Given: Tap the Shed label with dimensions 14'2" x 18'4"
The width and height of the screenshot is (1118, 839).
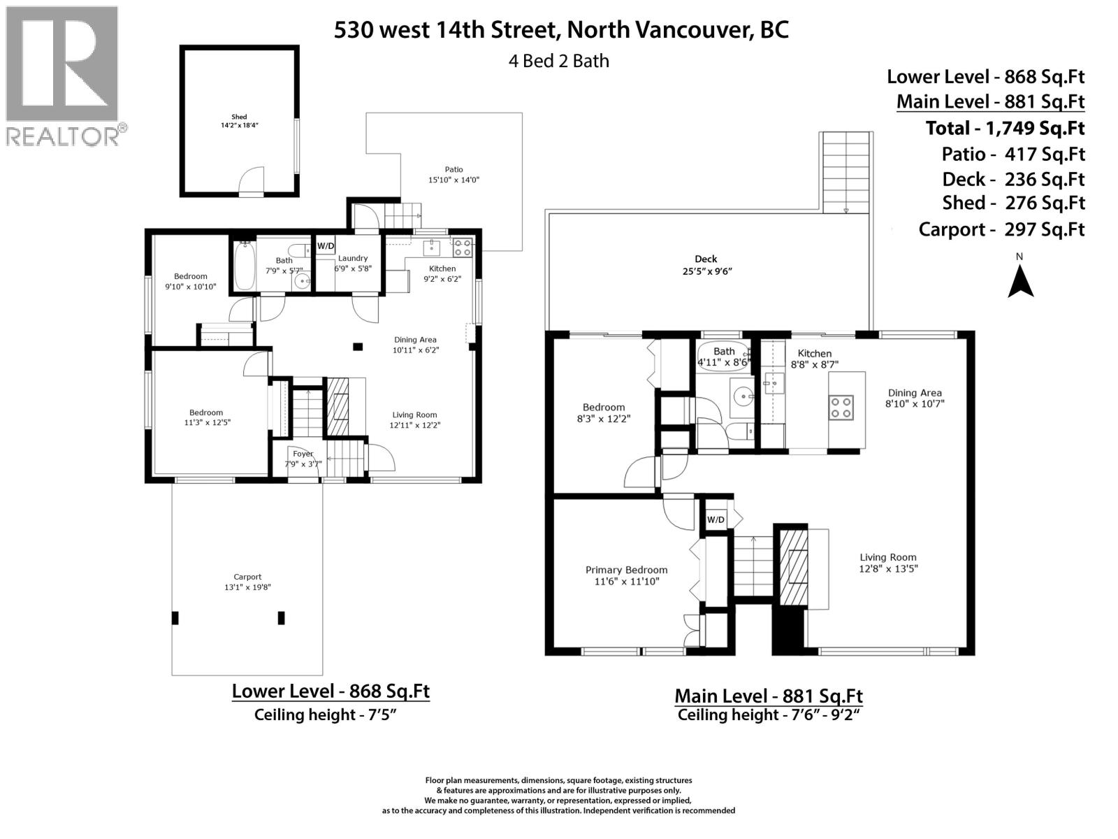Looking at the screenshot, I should point(240,122).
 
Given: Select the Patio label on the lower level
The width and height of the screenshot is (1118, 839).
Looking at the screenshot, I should point(453,174).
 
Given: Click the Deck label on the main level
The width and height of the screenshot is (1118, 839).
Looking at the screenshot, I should point(706,265).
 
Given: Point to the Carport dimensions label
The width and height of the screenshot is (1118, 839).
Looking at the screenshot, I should point(247,582).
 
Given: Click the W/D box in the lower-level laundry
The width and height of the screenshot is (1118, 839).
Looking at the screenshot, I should point(326,246).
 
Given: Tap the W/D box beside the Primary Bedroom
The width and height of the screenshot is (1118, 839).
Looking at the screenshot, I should point(716,519).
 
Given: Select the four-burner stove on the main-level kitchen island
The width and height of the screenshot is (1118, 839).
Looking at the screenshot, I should point(841,407).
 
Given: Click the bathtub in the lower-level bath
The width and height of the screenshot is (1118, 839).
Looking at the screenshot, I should point(244,266).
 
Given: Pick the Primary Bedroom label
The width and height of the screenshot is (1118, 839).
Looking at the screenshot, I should point(626,575).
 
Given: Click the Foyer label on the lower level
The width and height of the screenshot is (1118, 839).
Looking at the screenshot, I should point(303,459).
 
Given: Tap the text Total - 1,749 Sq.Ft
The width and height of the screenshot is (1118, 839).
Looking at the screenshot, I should point(1005,128).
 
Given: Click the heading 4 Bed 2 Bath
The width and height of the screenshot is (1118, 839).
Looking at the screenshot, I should point(559,61).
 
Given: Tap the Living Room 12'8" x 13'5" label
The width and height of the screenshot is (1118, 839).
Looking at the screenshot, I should point(888,563).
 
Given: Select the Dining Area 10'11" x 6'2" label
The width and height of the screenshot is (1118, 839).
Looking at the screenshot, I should point(415,345).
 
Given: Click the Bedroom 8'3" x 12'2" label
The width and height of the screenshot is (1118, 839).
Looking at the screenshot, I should point(604,413).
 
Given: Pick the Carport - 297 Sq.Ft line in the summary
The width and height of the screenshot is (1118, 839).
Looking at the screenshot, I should point(1001,229).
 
